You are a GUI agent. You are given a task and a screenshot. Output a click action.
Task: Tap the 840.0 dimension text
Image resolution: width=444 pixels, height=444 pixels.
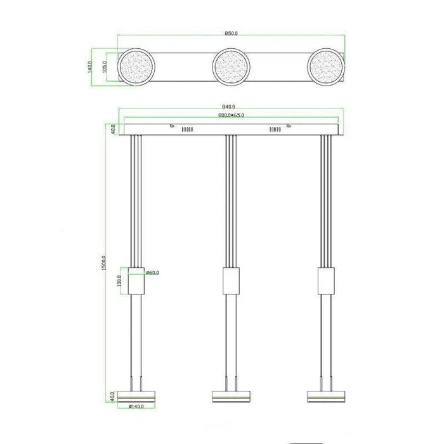[x=229, y=107]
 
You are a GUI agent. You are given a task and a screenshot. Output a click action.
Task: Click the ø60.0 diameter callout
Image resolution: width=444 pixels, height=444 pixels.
[x=153, y=272]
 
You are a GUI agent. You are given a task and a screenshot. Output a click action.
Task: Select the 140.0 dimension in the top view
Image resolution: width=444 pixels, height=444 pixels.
[x=91, y=66]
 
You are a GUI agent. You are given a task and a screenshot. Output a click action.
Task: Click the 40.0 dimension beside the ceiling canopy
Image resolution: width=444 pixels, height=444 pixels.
[x=112, y=129]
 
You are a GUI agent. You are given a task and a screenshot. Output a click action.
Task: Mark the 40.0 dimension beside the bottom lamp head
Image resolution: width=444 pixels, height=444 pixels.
[x=113, y=395]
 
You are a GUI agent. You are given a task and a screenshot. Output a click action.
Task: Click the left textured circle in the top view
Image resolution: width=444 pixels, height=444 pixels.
[x=136, y=67]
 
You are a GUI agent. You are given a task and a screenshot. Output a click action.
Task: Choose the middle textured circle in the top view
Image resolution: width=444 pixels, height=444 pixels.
[x=231, y=67]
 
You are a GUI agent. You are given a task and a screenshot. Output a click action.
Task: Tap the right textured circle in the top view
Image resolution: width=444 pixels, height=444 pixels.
[x=326, y=67]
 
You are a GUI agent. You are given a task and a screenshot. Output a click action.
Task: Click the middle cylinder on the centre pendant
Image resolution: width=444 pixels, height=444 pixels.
[x=231, y=280]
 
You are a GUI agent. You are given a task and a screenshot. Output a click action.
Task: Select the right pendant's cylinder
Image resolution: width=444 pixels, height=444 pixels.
[x=326, y=280]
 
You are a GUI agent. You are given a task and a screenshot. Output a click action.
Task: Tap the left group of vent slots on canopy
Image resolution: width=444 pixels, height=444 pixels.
[x=186, y=129]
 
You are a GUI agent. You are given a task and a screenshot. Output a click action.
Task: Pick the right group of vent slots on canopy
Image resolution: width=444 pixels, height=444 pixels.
[x=275, y=129]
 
